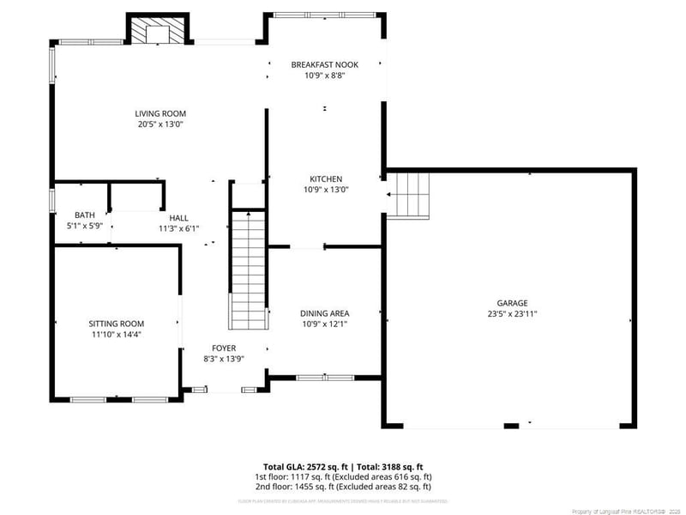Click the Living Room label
click(x=160, y=113)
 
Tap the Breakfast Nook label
click(x=324, y=64)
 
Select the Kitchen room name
click(x=324, y=179)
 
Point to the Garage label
click(x=512, y=303)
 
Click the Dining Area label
click(x=324, y=313)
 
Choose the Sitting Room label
click(x=116, y=324)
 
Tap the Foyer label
click(x=224, y=348)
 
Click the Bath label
click(x=84, y=215)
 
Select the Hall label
click(x=178, y=218)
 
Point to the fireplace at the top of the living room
click(x=158, y=30)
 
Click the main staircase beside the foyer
click(x=248, y=270)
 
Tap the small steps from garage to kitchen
click(x=409, y=195)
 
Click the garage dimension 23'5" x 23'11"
click(x=512, y=314)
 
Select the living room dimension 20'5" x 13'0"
click(x=160, y=124)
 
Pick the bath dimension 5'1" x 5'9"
click(x=84, y=226)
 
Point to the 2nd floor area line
click(x=343, y=486)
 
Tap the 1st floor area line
click(x=343, y=476)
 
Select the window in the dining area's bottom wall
click(x=324, y=377)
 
